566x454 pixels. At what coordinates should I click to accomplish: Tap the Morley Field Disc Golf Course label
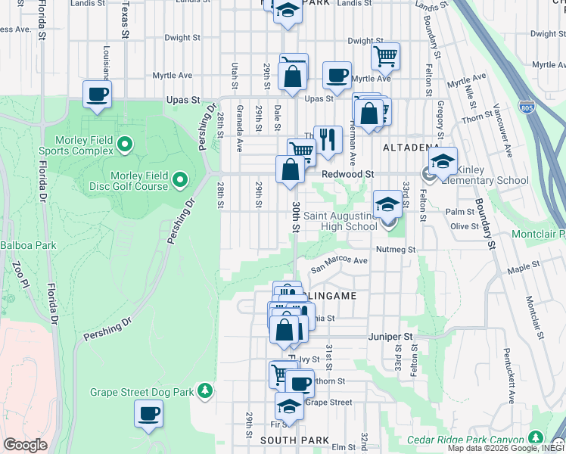click(x=138, y=181)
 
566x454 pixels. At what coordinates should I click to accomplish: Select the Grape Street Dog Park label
click(x=142, y=391)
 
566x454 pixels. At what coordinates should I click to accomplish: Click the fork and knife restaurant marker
click(x=328, y=139)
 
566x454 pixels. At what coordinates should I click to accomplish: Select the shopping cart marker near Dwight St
click(x=385, y=55)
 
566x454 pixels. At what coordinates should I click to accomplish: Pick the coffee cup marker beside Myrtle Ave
click(x=337, y=76)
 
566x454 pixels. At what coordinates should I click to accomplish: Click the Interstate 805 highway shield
click(x=527, y=107)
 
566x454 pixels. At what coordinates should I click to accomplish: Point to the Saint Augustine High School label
click(x=341, y=221)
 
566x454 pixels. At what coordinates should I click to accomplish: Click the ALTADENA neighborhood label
click(x=410, y=147)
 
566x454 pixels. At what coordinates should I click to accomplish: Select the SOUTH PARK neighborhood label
click(x=294, y=440)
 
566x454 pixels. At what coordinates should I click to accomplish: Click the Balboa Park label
click(x=17, y=245)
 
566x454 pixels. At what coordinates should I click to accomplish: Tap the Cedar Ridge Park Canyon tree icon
click(x=536, y=438)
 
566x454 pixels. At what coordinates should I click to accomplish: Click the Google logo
click(x=25, y=444)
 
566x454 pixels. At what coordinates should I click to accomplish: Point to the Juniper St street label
click(x=390, y=336)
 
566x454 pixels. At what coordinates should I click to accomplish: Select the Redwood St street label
click(x=348, y=174)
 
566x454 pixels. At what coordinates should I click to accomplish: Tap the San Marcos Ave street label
click(x=341, y=261)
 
